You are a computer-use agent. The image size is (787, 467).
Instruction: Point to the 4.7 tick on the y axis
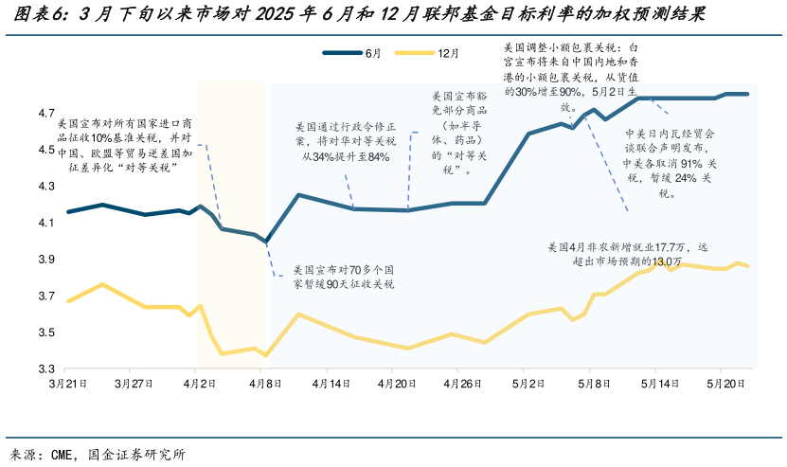pos(46,114)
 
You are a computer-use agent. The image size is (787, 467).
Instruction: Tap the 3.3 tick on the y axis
pos(46,368)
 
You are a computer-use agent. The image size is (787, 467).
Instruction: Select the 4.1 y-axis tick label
pos(46,223)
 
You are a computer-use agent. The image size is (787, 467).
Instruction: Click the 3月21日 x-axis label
pos(68,385)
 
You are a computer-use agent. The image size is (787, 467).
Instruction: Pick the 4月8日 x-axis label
pos(267,385)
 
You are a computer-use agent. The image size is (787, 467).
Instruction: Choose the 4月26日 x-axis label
pos(465,385)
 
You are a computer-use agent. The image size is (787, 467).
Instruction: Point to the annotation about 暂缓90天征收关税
pos(344,276)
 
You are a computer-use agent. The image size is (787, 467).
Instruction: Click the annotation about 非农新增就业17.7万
pos(628,254)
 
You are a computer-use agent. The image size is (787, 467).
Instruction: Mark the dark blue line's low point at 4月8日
pos(267,242)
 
